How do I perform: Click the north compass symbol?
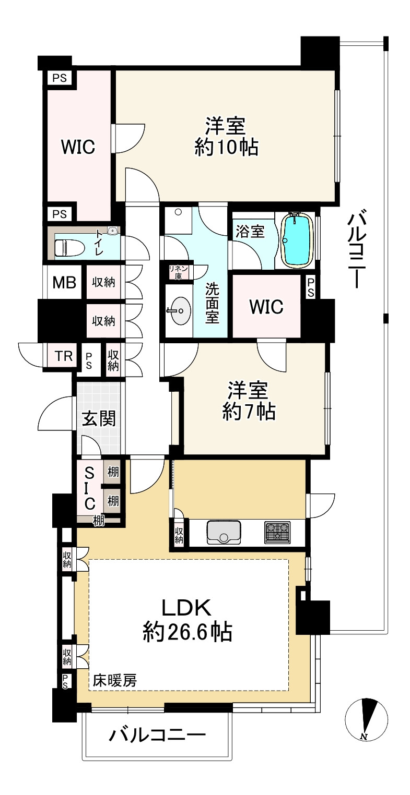[367, 719]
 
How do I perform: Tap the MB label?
[64, 283]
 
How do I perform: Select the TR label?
[64, 356]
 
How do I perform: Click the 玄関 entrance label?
[99, 419]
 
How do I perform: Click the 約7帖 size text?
[249, 412]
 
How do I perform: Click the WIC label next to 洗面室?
[266, 307]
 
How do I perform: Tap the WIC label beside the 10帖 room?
[78, 147]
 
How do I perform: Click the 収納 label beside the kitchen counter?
[179, 535]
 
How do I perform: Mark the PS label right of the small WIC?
[311, 287]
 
